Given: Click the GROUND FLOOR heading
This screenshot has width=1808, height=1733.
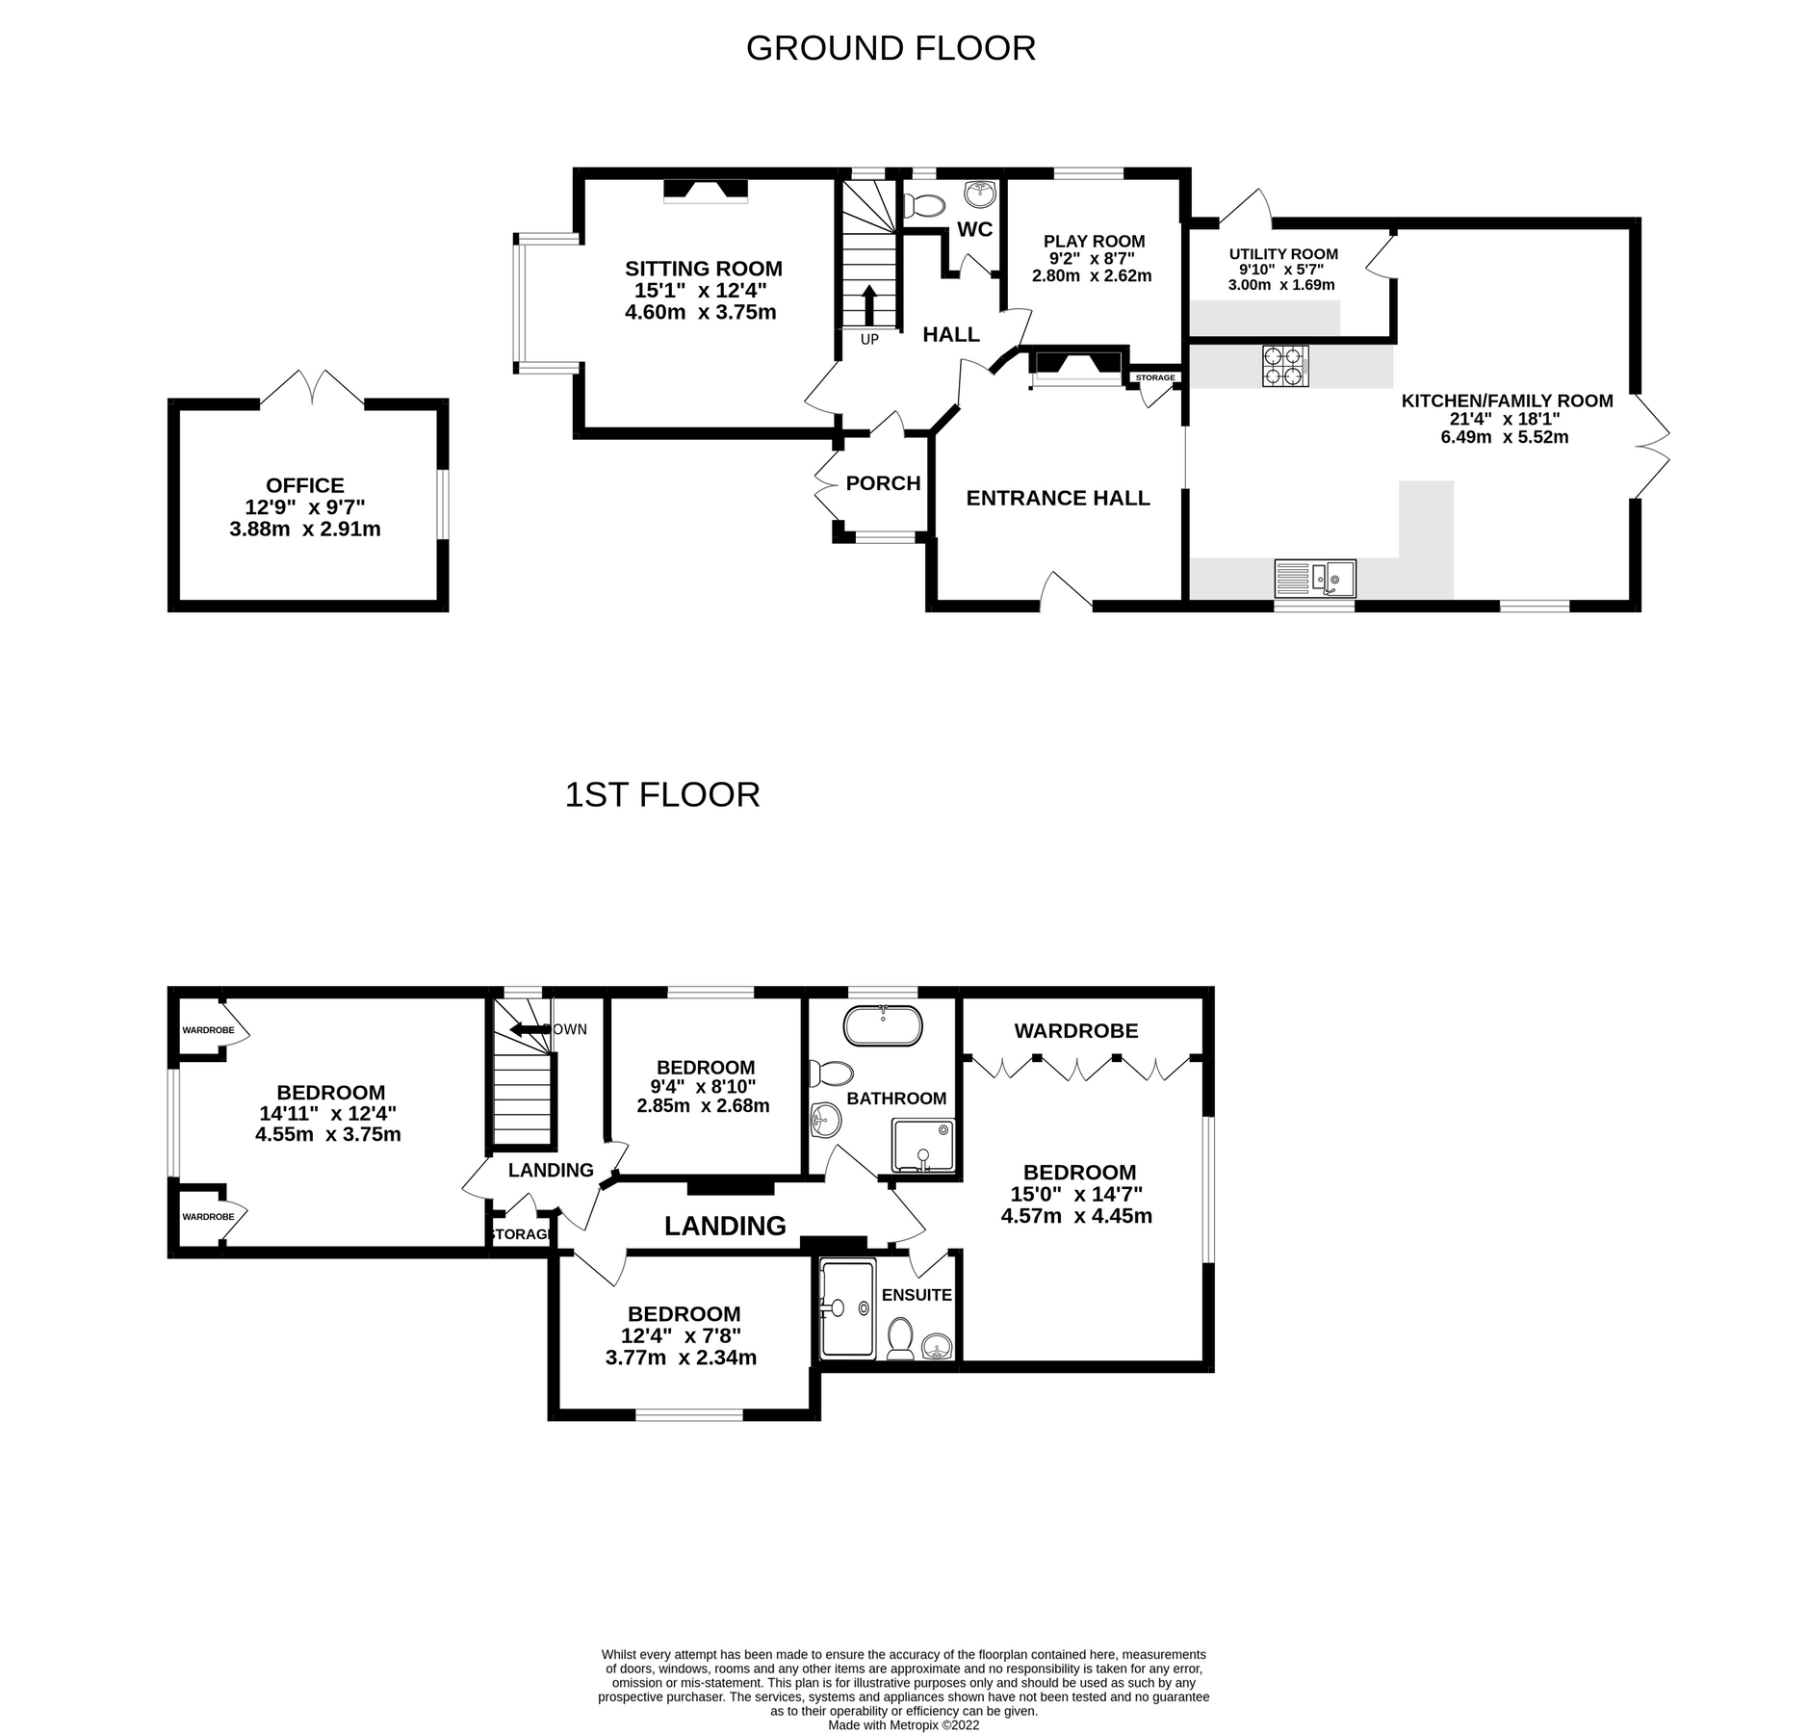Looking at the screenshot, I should [x=890, y=48].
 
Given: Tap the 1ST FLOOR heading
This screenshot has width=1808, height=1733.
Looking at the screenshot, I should [x=661, y=794].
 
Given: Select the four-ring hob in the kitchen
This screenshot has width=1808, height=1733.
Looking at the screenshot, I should [x=1284, y=366].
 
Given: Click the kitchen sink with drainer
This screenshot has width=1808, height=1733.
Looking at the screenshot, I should [x=1314, y=578].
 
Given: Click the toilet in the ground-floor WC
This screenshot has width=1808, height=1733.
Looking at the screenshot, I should [x=926, y=205].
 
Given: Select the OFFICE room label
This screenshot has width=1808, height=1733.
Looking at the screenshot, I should [x=305, y=486].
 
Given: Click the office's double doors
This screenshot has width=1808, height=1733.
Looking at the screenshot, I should [x=312, y=389].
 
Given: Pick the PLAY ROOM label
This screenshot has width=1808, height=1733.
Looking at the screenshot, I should [x=1094, y=242].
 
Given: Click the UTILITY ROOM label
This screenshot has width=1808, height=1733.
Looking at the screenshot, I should [x=1282, y=254].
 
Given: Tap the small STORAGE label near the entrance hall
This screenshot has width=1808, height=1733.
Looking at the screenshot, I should [x=1154, y=377].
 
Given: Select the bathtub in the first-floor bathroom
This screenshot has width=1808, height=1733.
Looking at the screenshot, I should [x=882, y=1026].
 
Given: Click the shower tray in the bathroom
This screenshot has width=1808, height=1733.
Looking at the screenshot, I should [x=925, y=1144].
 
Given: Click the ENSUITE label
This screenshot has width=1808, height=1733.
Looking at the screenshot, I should [x=916, y=1295].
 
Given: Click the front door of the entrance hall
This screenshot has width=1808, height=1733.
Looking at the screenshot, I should [x=1065, y=592].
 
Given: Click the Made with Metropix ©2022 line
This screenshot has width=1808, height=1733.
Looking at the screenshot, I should [x=903, y=1725].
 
